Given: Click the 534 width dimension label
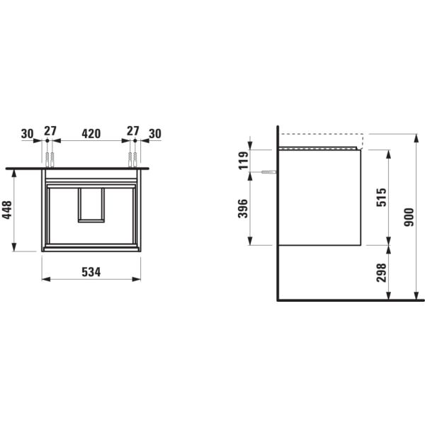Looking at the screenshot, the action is [91, 272].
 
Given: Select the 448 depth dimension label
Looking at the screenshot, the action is [7, 210].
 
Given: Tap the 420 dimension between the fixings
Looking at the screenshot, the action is [91, 133].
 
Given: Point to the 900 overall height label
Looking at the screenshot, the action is [409, 217].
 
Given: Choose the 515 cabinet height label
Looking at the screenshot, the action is [381, 198].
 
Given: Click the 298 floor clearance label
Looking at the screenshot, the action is [381, 273].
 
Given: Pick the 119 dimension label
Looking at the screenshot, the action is [243, 161].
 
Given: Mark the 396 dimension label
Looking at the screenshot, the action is [243, 208].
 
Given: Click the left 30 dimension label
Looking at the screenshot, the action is [28, 134].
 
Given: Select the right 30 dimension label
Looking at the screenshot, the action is [155, 134].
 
